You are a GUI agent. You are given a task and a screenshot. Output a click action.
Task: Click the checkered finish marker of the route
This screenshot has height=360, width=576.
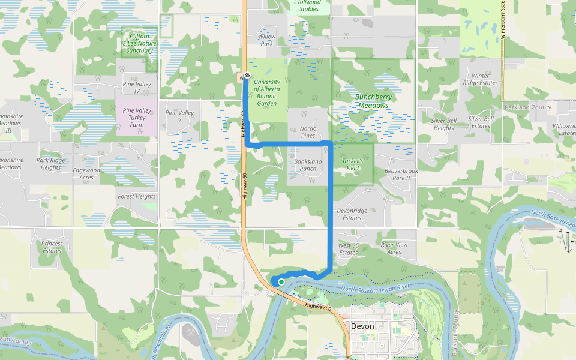(247, 76)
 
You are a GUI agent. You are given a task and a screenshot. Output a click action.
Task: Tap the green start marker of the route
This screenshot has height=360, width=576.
(281, 281)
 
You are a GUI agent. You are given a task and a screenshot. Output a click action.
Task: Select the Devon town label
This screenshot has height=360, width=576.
(362, 326)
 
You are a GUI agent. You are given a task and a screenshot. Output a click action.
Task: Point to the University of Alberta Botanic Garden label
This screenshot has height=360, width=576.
(266, 92)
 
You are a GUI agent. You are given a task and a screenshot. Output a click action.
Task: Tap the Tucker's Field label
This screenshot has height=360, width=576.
(353, 164)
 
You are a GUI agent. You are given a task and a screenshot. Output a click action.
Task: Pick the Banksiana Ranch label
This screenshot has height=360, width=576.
(305, 165)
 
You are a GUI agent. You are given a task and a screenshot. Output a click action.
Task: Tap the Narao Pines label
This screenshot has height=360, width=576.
(308, 132)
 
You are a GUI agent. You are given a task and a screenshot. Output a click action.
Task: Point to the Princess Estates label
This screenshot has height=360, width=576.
(52, 247)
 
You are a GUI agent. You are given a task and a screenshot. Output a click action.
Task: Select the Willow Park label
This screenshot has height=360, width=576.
(266, 40)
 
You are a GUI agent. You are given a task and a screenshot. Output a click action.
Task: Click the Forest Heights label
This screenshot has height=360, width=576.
(137, 196)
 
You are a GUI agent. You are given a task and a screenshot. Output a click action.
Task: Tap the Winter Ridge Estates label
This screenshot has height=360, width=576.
(481, 79)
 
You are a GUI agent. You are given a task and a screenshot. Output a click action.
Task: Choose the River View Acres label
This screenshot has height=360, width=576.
(394, 248)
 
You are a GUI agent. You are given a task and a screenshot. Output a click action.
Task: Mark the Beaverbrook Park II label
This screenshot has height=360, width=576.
(401, 175)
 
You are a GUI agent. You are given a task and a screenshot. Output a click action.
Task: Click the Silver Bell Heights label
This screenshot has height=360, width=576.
(443, 124)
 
